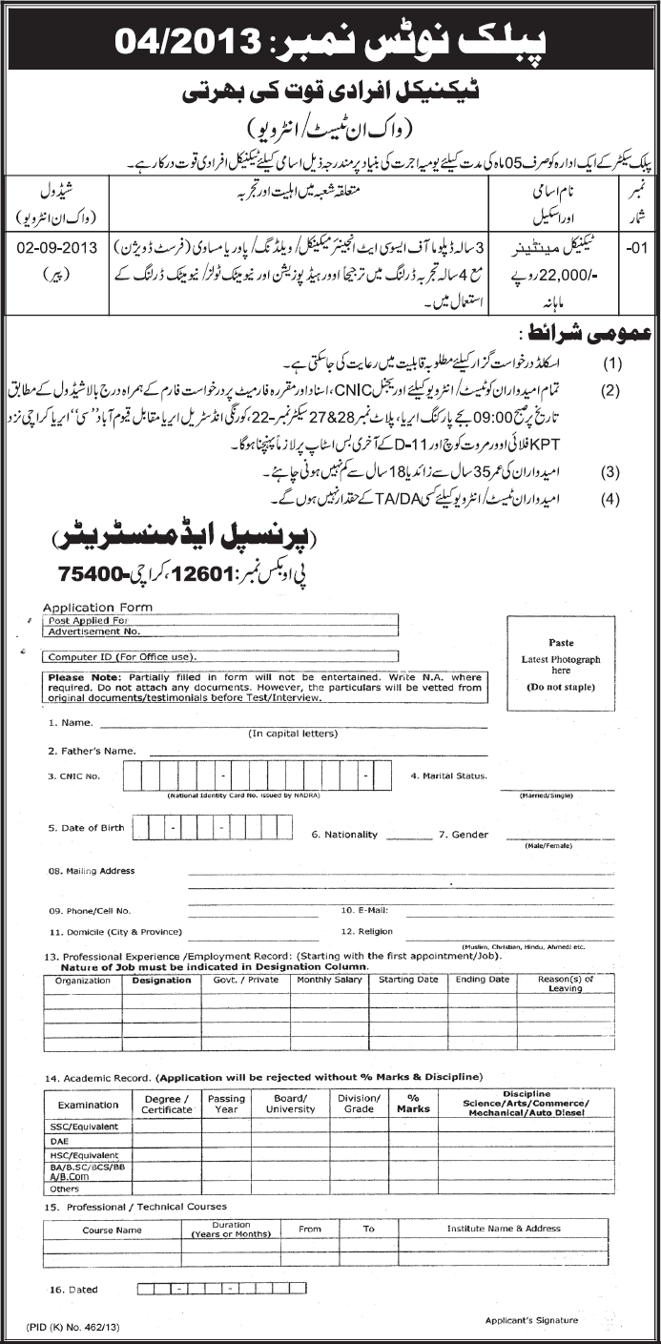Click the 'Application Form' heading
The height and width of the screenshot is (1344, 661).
tap(91, 607)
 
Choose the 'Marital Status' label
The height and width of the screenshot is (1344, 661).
tap(449, 776)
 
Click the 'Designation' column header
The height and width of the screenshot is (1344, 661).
tap(161, 980)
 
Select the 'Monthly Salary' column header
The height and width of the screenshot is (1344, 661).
tap(327, 980)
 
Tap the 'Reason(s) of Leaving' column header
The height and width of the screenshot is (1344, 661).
tap(565, 983)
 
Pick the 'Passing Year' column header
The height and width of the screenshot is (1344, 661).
tap(226, 1103)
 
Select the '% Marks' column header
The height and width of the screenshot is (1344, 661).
tap(413, 1103)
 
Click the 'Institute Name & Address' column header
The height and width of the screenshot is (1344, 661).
tap(504, 1228)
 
